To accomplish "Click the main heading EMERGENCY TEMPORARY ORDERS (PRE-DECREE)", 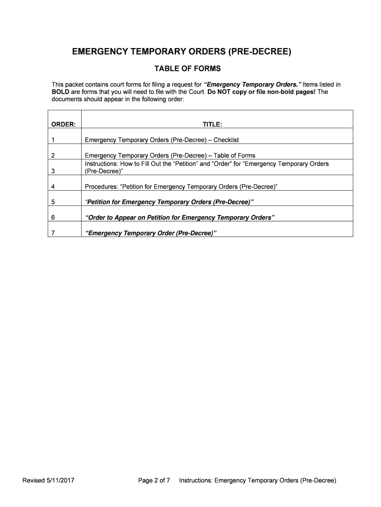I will tap(182, 51).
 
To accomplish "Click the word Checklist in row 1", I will tap(226, 140).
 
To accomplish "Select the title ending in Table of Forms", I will tap(170, 155).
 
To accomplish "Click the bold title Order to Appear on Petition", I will tap(180, 217).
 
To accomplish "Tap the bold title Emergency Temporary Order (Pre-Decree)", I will tap(151, 233).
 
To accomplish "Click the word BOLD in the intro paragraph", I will tap(61, 92).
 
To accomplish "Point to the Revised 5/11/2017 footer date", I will tap(48, 480).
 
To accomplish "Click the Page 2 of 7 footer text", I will tap(154, 480).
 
